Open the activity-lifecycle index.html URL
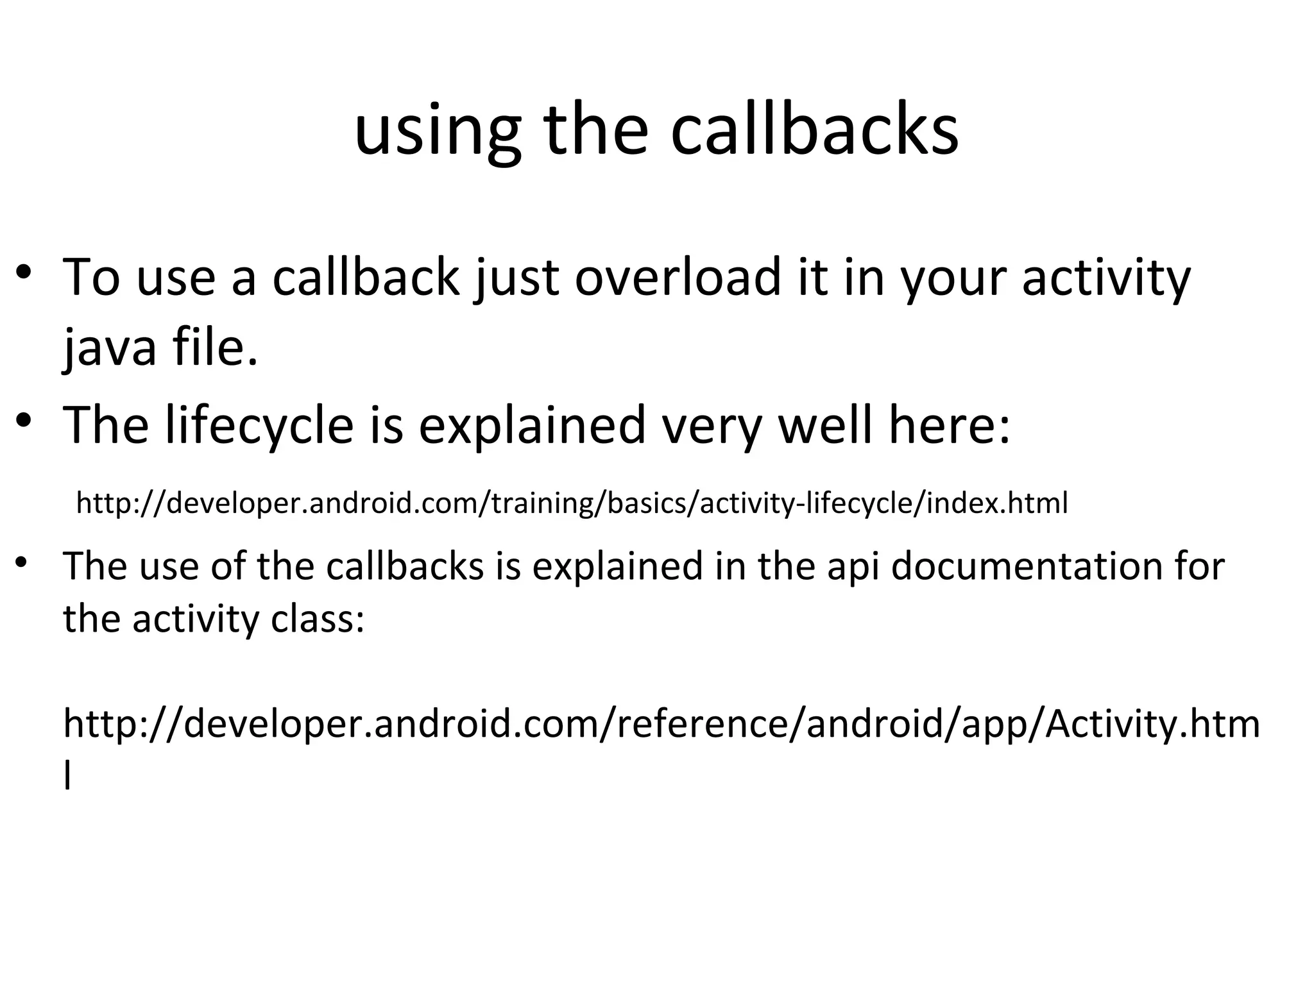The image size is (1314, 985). coord(572,503)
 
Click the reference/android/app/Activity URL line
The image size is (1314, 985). coord(661,724)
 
